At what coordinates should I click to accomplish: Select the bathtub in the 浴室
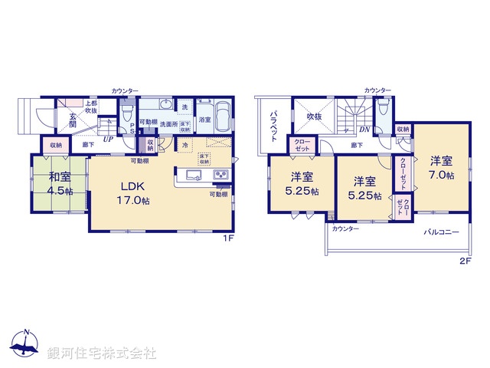(222, 117)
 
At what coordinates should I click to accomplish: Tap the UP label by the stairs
(109, 140)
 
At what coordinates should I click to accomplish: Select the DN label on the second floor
(365, 130)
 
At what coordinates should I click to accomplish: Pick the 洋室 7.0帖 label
(440, 168)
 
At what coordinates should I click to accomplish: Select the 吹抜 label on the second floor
(315, 117)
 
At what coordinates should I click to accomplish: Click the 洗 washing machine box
(184, 107)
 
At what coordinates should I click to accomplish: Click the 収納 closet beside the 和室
(57, 144)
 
